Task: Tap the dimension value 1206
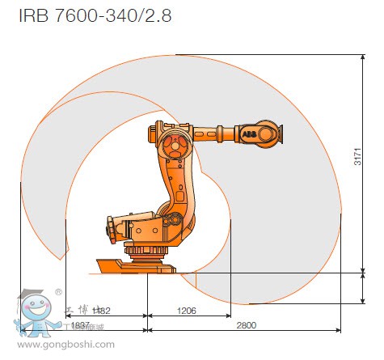point(186,310)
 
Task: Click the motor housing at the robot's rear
point(121,227)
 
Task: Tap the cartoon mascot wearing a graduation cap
point(32,311)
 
